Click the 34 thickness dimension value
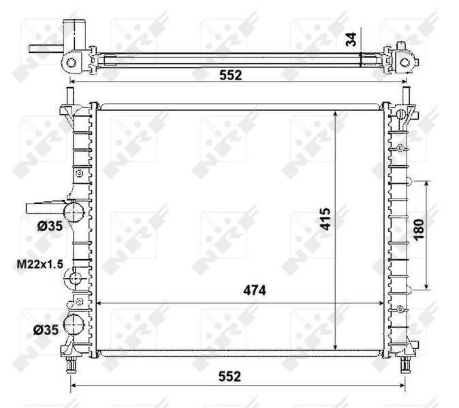(x=351, y=39)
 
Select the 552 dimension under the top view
(x=230, y=75)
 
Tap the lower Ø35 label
(x=46, y=330)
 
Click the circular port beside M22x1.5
(x=74, y=277)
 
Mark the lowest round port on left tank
(x=73, y=325)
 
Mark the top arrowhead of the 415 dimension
(x=336, y=114)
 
